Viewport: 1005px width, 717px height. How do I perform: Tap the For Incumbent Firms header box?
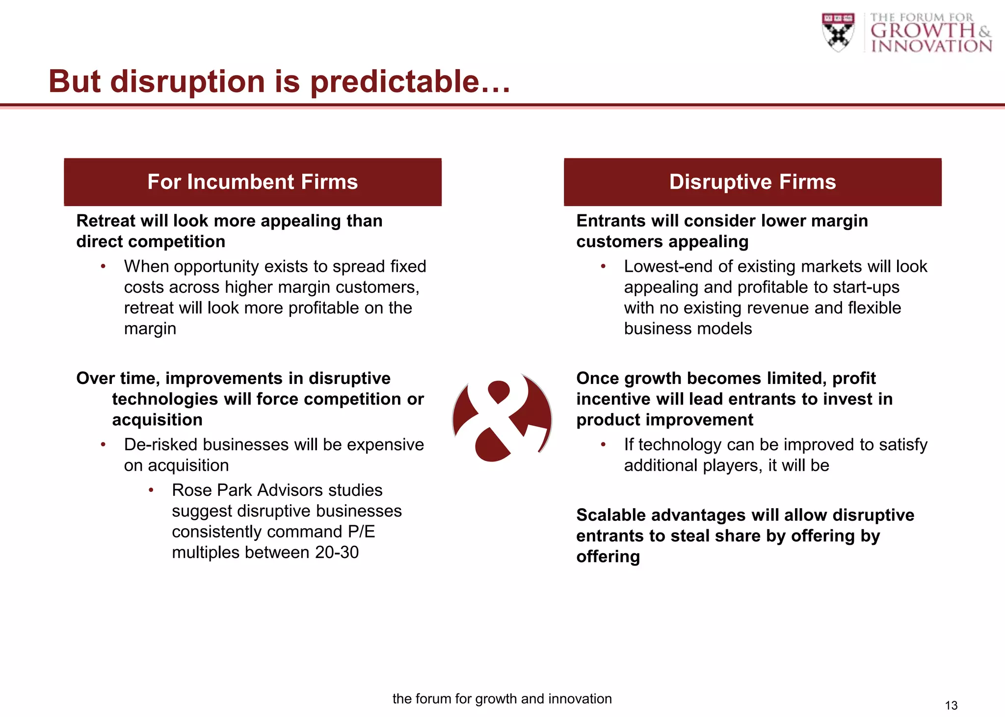[253, 182]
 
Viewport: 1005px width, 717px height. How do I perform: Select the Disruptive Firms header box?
[752, 182]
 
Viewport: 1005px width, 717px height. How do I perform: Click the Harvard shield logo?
[838, 32]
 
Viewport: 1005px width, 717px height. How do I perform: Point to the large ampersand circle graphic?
[502, 418]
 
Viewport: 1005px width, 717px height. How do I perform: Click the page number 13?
[951, 705]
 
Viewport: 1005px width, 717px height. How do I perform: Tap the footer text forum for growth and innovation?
[502, 698]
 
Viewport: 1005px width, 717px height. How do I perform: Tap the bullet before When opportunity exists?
[103, 266]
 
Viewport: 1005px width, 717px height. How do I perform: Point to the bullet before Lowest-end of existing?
[603, 266]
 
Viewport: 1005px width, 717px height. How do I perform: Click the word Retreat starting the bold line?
[106, 221]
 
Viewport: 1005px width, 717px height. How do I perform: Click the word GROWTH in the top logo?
[923, 31]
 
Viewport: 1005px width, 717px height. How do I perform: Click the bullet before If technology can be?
[603, 444]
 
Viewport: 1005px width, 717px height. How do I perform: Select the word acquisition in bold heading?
[157, 420]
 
